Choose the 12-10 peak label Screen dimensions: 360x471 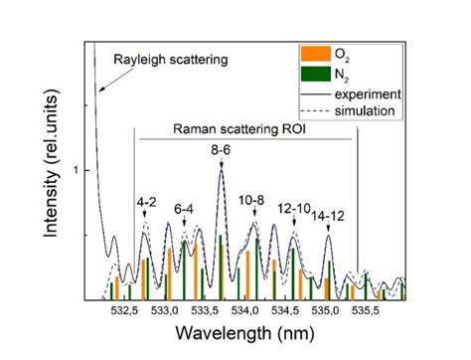[x=294, y=209]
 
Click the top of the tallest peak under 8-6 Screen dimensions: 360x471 [x=220, y=172]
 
